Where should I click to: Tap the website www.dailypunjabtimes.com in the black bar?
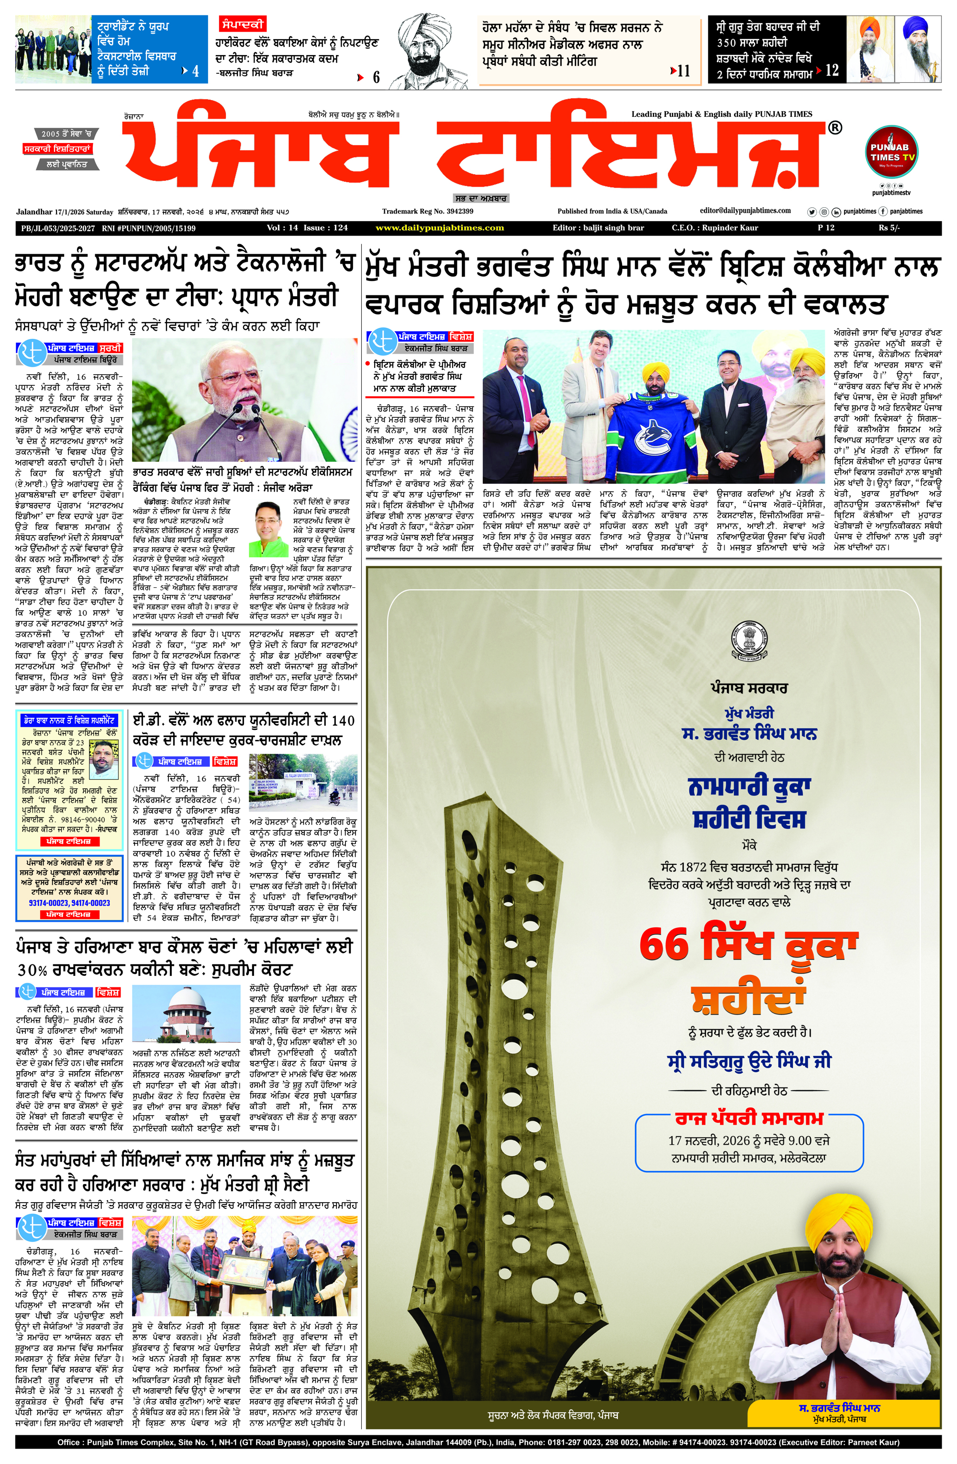tap(439, 228)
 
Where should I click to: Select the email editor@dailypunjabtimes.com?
tap(745, 211)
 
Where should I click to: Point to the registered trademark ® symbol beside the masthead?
tap(835, 128)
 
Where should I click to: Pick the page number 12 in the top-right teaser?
tap(832, 71)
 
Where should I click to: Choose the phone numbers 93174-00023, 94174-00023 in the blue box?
tap(69, 903)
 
